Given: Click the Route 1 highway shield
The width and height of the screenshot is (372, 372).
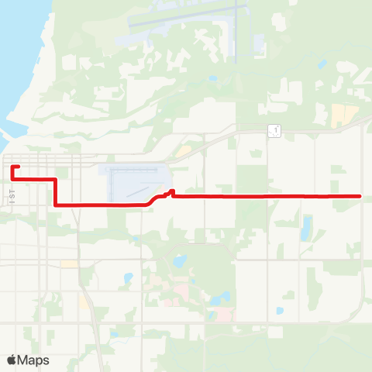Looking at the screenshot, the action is point(274,131).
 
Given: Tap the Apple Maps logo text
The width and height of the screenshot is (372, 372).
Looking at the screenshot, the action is point(34,360).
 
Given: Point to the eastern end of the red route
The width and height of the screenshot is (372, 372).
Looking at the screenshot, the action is point(361,196).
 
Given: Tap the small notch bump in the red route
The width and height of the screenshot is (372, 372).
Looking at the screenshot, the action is point(171,191).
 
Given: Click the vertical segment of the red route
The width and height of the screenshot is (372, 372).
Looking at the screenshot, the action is point(55,192).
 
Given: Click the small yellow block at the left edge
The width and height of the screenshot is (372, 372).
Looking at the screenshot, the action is point(70,263).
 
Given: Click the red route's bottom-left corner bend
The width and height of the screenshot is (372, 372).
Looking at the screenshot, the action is point(55,205).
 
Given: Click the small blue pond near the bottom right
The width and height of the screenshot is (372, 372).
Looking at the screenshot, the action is point(280,311).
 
